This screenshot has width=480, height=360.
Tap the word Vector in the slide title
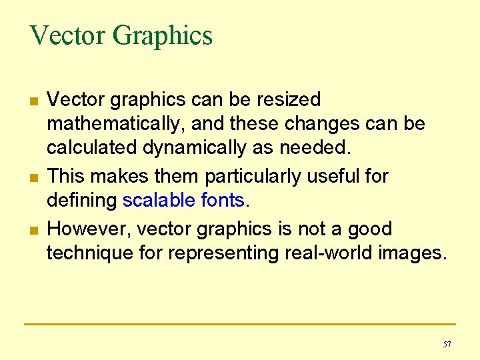point(67,35)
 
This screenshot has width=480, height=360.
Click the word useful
point(337,177)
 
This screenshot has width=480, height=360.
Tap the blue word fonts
point(223,201)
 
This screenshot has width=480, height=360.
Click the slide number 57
point(447,344)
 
